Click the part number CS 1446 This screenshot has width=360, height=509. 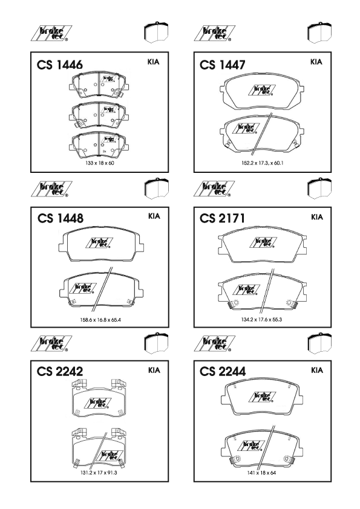(x=60, y=65)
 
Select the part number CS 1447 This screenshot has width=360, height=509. (x=223, y=65)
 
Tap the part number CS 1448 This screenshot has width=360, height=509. (x=61, y=218)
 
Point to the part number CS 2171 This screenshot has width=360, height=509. (x=222, y=218)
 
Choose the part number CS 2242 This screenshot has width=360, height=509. (x=60, y=371)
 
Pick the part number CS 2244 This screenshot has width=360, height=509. (x=223, y=371)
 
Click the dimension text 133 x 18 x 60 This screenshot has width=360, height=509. (x=100, y=163)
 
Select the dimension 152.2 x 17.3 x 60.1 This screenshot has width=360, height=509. (x=262, y=163)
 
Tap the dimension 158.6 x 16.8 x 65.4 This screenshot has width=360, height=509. (x=100, y=320)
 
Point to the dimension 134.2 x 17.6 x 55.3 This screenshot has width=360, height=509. (x=261, y=319)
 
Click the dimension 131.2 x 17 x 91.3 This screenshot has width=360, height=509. (x=99, y=473)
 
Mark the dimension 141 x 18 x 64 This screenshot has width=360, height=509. (x=261, y=473)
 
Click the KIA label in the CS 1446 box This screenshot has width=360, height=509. (x=153, y=62)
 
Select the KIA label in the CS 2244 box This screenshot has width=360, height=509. (x=317, y=370)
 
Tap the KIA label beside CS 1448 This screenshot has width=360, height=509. (x=154, y=216)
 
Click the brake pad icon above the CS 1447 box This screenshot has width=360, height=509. (x=319, y=33)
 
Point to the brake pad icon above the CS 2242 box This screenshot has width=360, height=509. (x=156, y=343)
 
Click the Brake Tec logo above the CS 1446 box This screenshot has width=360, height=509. (x=51, y=33)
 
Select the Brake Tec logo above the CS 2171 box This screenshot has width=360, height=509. (x=214, y=189)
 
